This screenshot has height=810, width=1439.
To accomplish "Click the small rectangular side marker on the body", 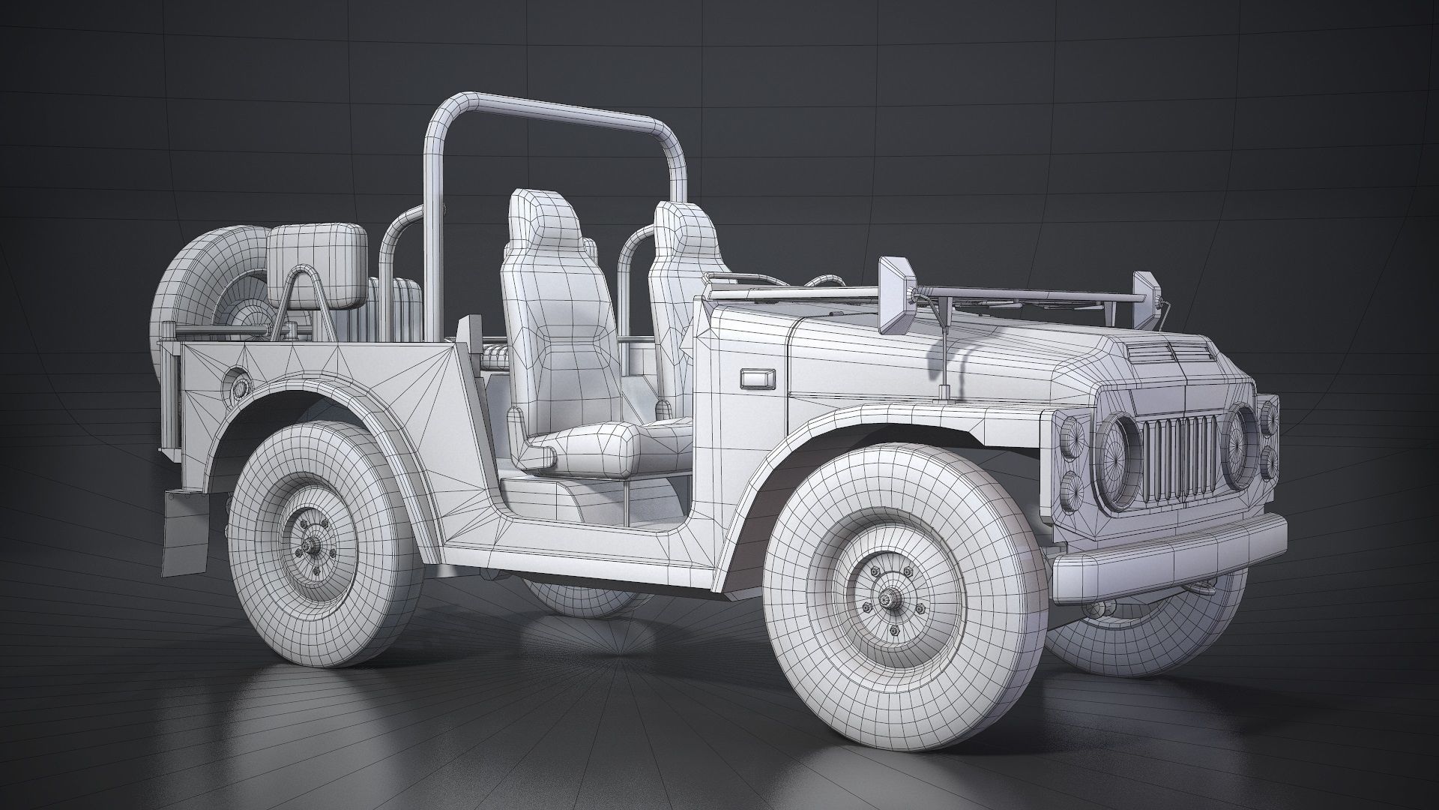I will click(x=755, y=379).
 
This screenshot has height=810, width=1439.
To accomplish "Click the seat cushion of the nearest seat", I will click(x=596, y=447).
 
